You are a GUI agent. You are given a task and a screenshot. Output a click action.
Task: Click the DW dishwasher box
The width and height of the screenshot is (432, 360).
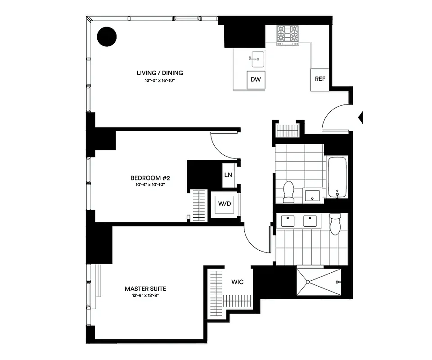(x=256, y=80)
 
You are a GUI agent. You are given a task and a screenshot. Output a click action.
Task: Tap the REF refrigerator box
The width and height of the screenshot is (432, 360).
(x=320, y=79)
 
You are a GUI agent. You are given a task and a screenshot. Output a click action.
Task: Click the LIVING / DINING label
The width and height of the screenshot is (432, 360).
(x=160, y=73)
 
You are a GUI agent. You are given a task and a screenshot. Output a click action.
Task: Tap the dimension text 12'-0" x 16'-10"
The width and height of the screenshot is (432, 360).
(x=160, y=81)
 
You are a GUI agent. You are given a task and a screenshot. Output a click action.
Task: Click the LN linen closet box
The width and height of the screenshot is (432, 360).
(x=228, y=174)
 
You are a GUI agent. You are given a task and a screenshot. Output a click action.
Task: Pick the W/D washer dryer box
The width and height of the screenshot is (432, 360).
(x=225, y=204)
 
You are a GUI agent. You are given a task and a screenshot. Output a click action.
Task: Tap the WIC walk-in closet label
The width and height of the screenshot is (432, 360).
(x=238, y=282)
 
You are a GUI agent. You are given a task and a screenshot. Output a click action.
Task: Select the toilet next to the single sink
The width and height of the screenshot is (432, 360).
(x=288, y=191)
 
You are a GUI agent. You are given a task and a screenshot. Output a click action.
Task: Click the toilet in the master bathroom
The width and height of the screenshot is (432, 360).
(x=336, y=224)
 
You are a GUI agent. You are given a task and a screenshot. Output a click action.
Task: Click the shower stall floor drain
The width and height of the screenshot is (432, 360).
(x=307, y=282)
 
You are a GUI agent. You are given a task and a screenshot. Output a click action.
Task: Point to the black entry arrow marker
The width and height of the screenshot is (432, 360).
(x=360, y=117)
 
